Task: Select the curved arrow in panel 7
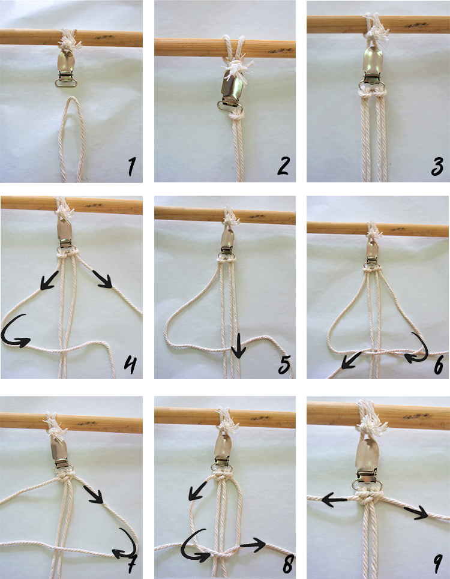tap(127, 543)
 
